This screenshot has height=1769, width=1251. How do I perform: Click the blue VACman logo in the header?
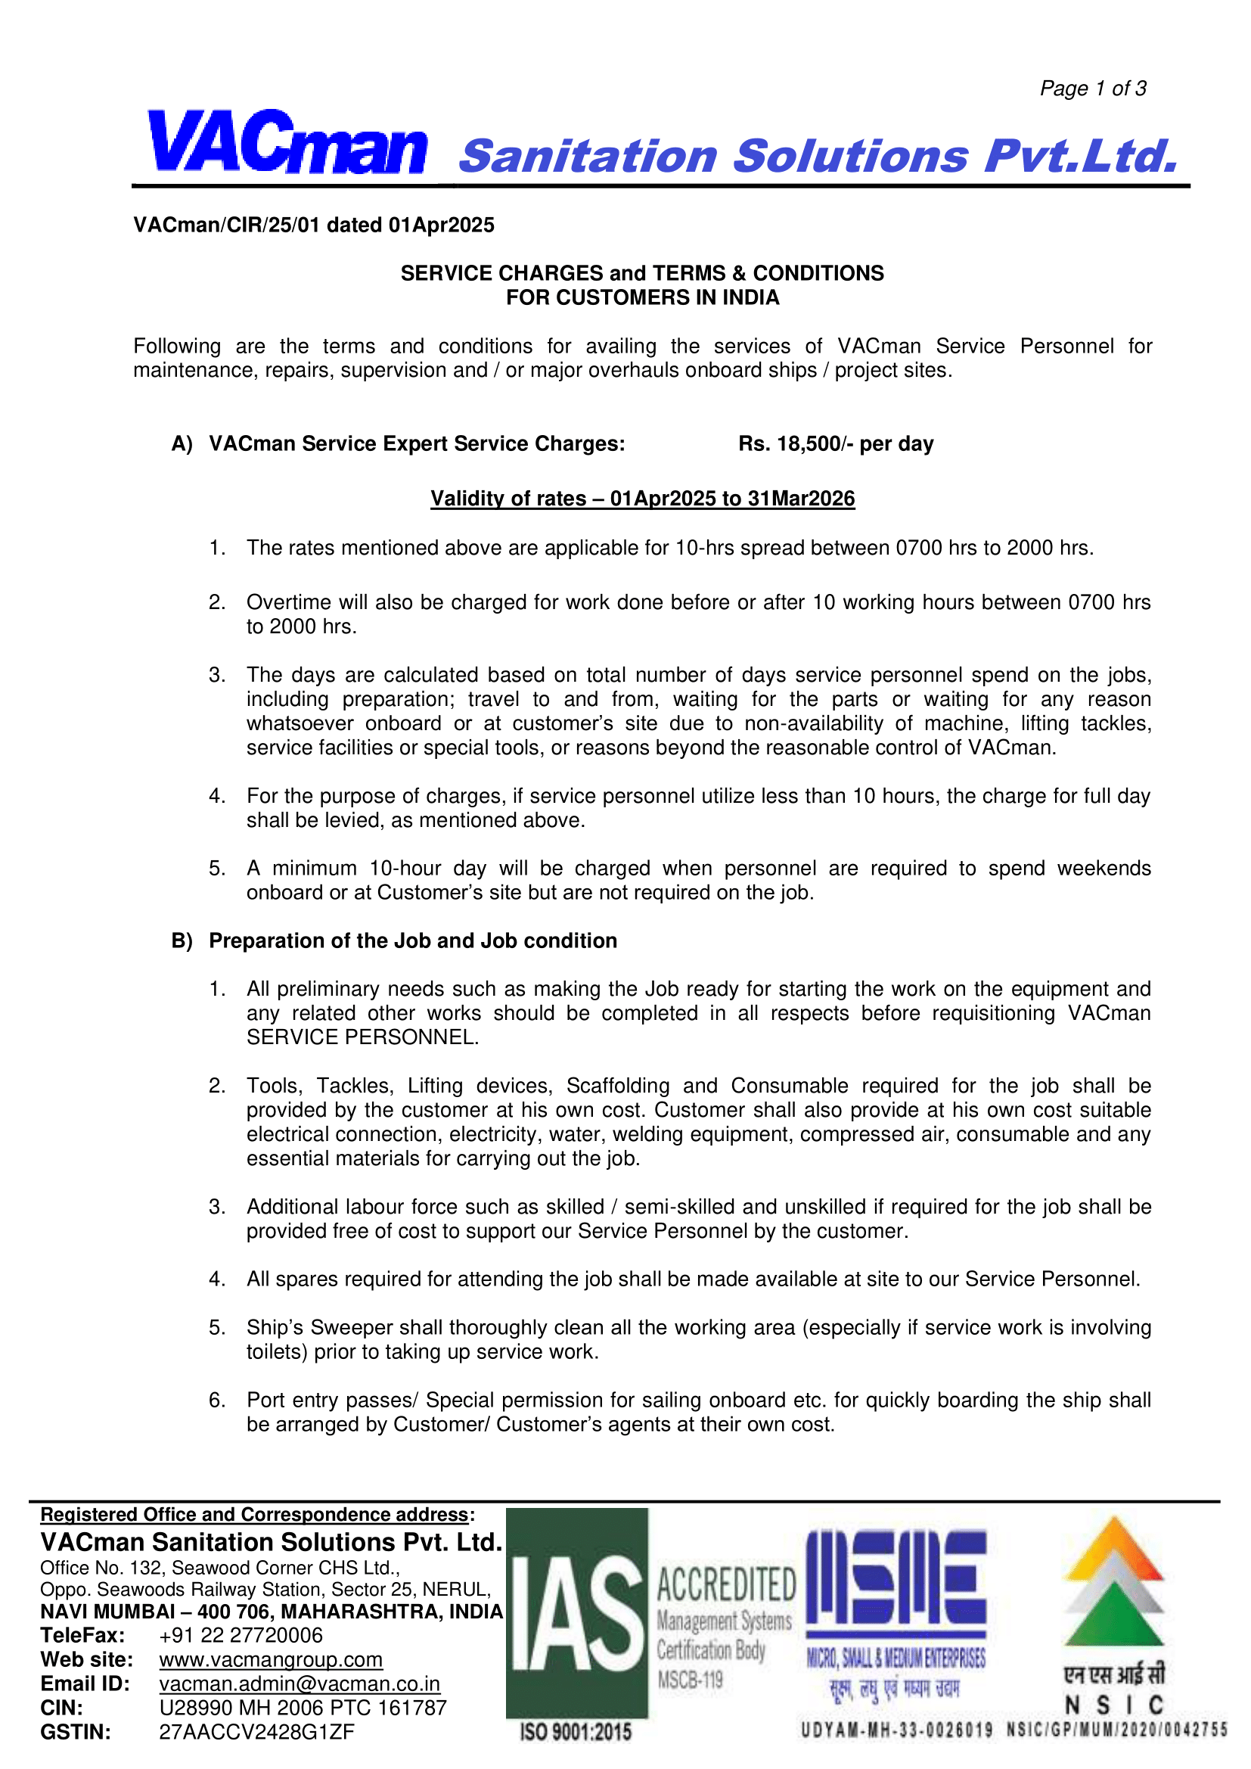(287, 144)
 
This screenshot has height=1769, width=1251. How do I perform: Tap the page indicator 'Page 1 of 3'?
(1092, 89)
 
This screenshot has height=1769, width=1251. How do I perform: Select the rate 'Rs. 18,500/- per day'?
(835, 444)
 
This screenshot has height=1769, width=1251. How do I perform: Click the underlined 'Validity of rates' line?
(641, 499)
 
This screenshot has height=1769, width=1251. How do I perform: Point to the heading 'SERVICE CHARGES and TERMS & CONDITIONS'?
(641, 273)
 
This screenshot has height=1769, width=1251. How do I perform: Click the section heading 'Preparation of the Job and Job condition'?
(413, 940)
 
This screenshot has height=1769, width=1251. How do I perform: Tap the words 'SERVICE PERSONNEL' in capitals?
(362, 1037)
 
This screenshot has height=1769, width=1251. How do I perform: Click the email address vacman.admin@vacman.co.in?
(300, 1684)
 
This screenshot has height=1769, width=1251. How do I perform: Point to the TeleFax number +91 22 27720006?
(241, 1635)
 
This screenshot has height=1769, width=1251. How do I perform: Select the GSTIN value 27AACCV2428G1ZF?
(256, 1732)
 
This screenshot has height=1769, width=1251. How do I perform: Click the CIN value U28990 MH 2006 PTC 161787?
(303, 1708)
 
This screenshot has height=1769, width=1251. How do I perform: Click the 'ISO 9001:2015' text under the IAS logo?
(576, 1732)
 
